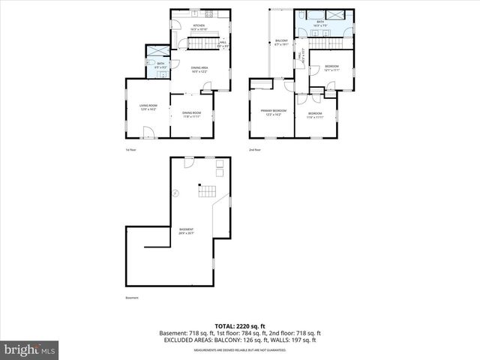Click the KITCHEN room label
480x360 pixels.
199,26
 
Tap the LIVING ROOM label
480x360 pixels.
148,106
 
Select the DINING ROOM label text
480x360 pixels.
191,113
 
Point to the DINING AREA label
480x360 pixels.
199,69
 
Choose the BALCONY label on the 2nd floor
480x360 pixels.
281,40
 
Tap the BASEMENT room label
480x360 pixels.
186,229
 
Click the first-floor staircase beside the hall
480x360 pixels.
200,43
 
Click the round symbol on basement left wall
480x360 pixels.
175,193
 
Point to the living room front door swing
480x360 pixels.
148,133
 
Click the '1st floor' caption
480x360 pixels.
130,150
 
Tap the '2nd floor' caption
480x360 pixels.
255,150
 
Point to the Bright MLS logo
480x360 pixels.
29,349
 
